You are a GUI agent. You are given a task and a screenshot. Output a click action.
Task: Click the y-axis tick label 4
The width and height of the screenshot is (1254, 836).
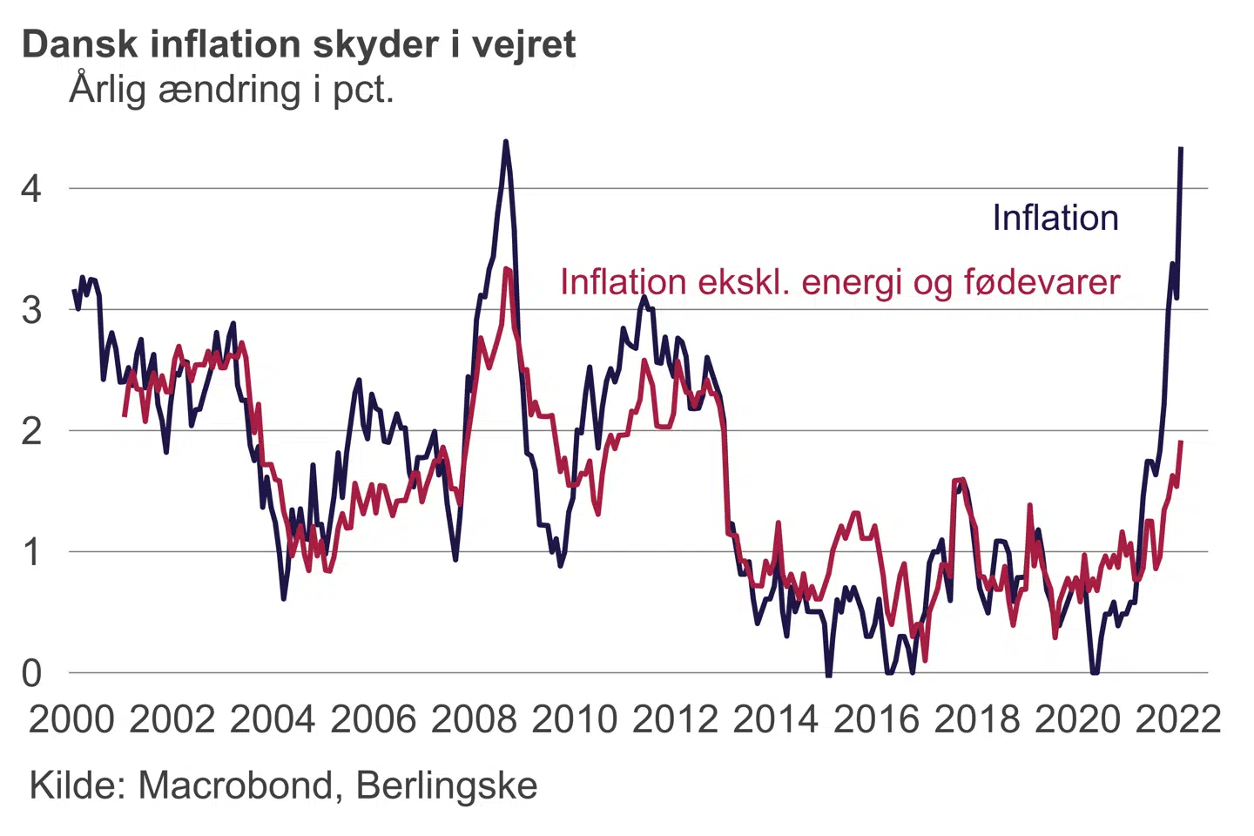point(31,188)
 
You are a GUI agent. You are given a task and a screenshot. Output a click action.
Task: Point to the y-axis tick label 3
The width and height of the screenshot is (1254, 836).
point(31,310)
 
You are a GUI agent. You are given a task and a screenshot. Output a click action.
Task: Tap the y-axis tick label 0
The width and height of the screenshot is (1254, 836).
point(31,673)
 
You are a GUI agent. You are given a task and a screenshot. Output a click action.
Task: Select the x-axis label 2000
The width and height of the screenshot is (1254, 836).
point(71,719)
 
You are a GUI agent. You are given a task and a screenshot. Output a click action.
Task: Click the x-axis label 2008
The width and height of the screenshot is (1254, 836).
point(474,719)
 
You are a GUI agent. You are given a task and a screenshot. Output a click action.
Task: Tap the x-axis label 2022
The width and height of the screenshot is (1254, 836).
point(1178,719)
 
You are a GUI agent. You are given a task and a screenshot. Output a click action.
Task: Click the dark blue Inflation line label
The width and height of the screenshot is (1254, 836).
point(1055,219)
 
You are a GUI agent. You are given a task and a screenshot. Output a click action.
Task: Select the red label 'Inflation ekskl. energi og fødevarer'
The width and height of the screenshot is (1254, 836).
point(839,282)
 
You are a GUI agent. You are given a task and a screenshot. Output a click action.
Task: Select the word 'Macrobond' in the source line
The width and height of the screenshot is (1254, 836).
point(236,785)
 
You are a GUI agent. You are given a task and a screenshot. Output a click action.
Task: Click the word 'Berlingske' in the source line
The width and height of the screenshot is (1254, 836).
point(447,785)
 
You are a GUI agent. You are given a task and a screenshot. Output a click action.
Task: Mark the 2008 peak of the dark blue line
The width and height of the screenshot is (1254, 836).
point(505,141)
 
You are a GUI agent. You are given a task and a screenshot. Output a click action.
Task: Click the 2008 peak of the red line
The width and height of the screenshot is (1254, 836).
point(507,268)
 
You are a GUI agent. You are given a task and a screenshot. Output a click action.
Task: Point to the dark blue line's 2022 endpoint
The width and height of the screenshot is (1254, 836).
point(1181,149)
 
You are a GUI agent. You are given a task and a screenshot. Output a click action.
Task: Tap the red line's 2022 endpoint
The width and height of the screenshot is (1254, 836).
point(1181,442)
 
